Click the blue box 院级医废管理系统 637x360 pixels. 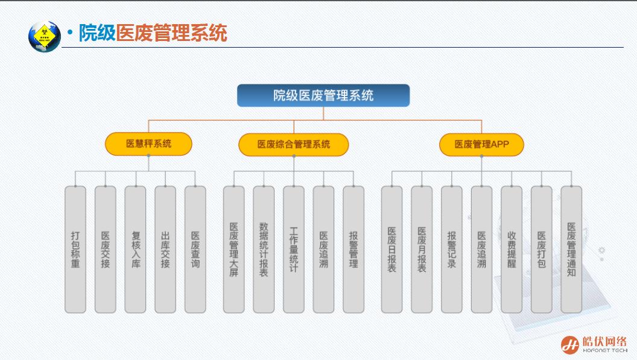(x=323, y=95)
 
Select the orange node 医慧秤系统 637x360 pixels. (x=148, y=144)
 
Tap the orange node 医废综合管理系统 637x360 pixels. (x=294, y=144)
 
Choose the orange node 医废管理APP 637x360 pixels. (x=481, y=144)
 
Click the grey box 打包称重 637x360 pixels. (x=75, y=249)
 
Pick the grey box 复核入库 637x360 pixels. (x=135, y=249)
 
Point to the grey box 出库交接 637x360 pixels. (x=165, y=249)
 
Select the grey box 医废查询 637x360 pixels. (x=195, y=249)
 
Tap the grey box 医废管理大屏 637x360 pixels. (x=234, y=249)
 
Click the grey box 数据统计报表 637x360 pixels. (x=264, y=249)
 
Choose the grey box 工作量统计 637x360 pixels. (x=294, y=249)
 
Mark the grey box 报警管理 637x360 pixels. (x=353, y=249)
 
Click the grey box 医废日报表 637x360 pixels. (x=392, y=249)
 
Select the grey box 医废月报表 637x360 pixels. (x=422, y=249)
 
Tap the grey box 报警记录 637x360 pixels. (x=452, y=249)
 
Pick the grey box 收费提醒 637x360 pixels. (x=512, y=249)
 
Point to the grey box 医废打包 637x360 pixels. (x=542, y=249)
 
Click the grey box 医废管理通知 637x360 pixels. (x=571, y=249)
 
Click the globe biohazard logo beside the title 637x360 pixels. (x=45, y=36)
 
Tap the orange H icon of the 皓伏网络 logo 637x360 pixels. (x=570, y=344)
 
